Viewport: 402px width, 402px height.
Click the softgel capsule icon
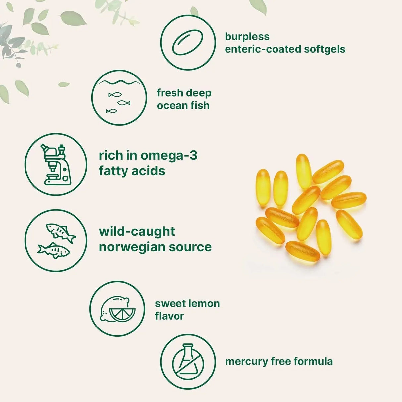pyautogui.click(x=187, y=42)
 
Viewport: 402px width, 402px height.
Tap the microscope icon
pyautogui.click(x=56, y=164)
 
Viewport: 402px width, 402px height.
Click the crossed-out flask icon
pyautogui.click(x=188, y=362)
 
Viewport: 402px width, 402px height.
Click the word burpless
pyautogui.click(x=247, y=36)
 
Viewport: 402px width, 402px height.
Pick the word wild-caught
pyautogui.click(x=137, y=231)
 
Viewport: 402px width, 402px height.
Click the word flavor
pyautogui.click(x=169, y=316)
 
